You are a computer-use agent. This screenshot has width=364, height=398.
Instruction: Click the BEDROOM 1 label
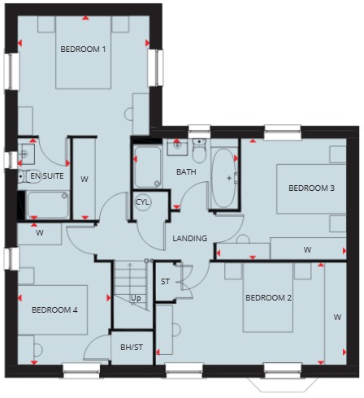click(x=83, y=50)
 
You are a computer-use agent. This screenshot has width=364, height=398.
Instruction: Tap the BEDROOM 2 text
click(x=268, y=298)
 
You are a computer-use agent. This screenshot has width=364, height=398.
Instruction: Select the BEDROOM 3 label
click(x=311, y=188)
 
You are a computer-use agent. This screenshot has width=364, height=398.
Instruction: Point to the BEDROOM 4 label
click(x=54, y=309)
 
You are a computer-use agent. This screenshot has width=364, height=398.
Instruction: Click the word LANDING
click(x=190, y=238)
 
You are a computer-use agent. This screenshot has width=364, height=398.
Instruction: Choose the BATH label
click(x=186, y=171)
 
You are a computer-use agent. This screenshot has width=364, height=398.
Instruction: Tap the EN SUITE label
click(x=47, y=176)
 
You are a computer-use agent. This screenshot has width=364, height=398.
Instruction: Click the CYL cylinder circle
click(x=143, y=202)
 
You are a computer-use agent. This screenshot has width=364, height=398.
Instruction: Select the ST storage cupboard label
click(x=165, y=282)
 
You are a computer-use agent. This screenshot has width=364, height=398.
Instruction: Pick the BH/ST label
click(x=132, y=347)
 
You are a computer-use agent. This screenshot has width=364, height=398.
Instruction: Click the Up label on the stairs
click(x=136, y=298)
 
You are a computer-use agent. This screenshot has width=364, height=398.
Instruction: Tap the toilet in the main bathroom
click(x=199, y=150)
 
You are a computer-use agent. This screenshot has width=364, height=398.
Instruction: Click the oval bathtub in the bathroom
click(x=223, y=178)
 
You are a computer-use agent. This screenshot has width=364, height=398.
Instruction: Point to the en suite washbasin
click(x=26, y=154)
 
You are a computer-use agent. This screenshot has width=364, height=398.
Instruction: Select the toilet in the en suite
click(x=28, y=177)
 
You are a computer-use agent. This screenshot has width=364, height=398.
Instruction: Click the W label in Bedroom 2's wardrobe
click(x=337, y=317)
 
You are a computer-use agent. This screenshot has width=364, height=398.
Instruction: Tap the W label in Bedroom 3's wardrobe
click(x=307, y=249)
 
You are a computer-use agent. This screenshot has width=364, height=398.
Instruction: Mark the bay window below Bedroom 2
click(x=283, y=384)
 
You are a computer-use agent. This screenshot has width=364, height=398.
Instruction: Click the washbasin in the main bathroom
click(x=177, y=147)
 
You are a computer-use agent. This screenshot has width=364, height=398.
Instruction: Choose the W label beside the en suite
click(x=84, y=179)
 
